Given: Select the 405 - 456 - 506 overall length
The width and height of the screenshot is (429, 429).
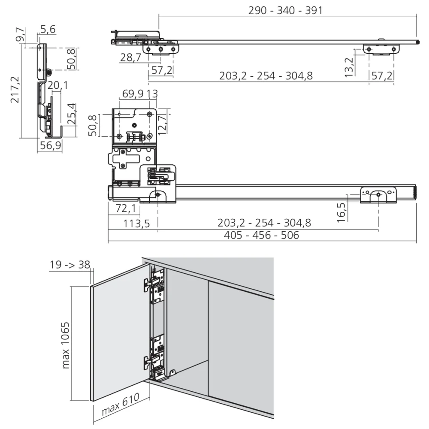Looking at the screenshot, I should click(261, 236).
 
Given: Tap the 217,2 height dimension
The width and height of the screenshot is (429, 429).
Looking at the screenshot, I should click(15, 89).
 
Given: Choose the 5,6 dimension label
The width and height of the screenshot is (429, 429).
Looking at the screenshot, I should click(48, 30).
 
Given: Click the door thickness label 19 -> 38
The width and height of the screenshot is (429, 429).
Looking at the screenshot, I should click(69, 264).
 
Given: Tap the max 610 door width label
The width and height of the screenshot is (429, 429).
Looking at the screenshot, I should click(121, 405).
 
